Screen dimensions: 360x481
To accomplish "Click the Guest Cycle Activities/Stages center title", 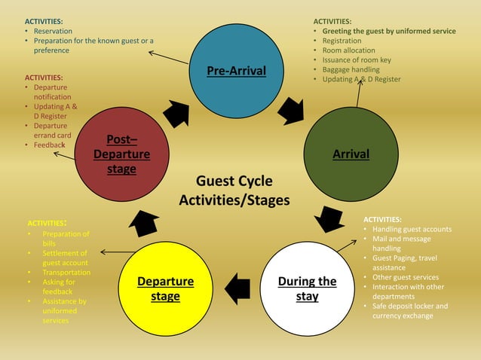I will coord(234,191).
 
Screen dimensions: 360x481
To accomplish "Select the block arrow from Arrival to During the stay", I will coord(329,218).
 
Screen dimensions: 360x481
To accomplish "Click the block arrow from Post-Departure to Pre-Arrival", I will coord(176,113).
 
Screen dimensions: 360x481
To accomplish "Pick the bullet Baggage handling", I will coord(351,69).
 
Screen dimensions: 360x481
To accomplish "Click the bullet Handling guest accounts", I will coord(412,229).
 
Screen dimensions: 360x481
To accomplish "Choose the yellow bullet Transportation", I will coord(66,273).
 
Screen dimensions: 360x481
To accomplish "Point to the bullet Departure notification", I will coord(52,92).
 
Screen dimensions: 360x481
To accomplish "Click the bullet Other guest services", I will coord(406,277).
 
